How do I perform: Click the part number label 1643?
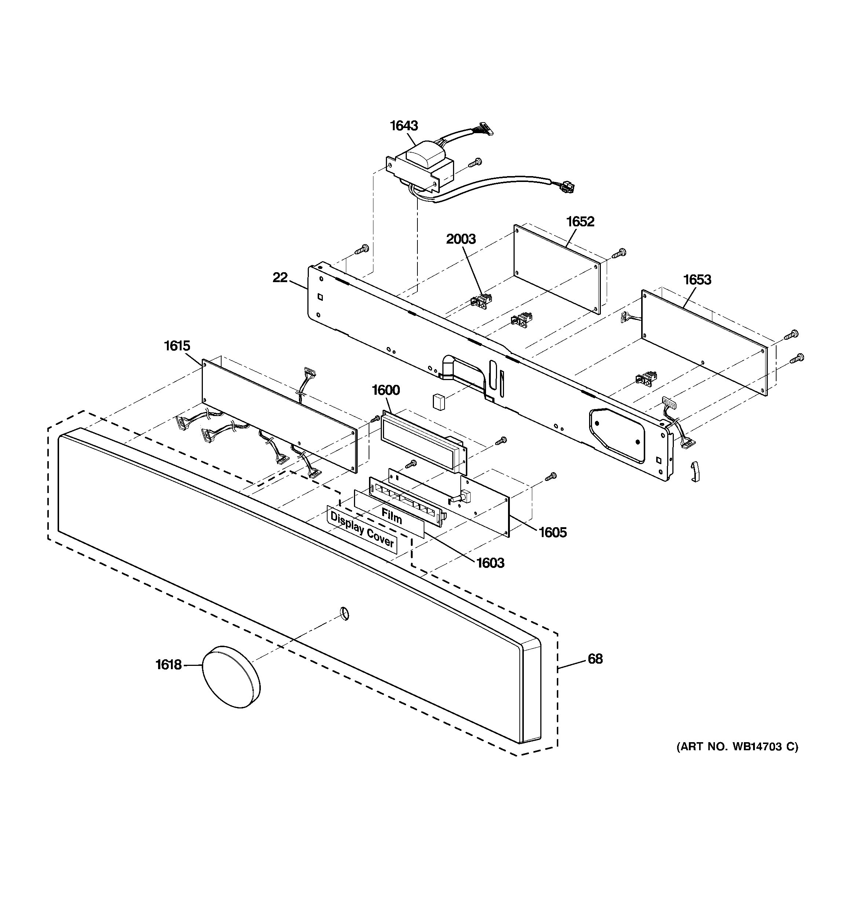point(404,125)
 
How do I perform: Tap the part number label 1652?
point(580,222)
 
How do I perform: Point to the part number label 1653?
point(697,280)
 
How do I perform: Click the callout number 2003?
point(461,239)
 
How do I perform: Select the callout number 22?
point(280,277)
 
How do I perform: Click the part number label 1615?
point(177,346)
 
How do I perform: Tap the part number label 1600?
point(386,390)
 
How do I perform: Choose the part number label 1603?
point(490,563)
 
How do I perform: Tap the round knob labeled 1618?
point(231,677)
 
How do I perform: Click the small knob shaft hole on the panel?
point(345,614)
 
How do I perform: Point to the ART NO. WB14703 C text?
point(737,747)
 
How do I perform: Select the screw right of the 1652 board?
point(620,252)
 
